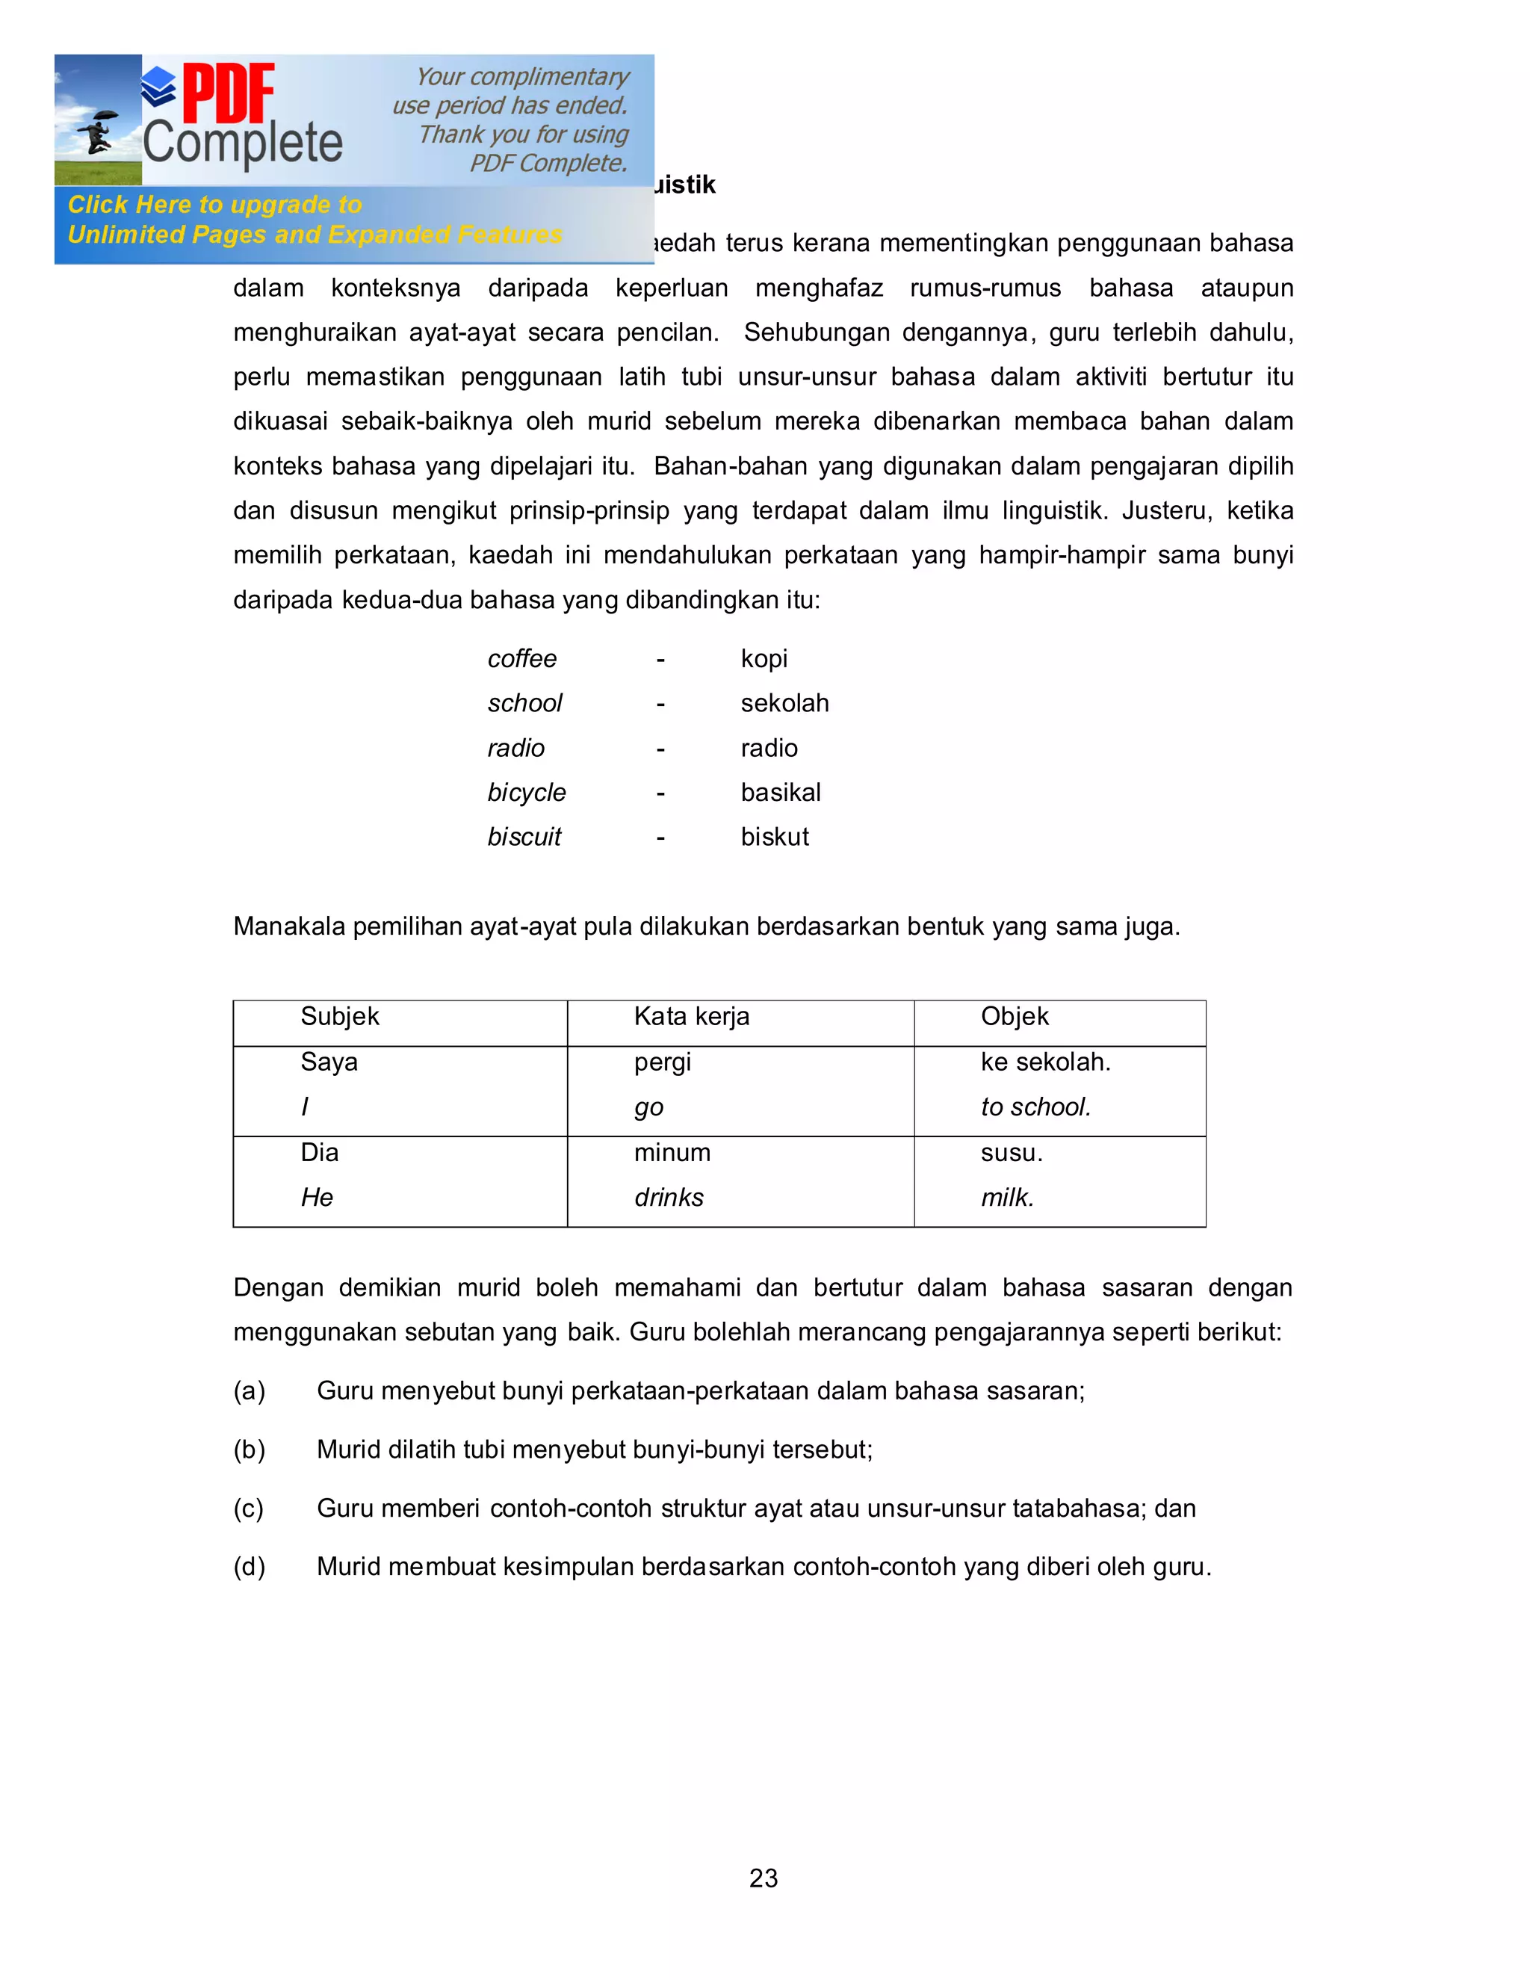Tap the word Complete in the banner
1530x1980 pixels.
pos(243,144)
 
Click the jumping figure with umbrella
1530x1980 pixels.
pos(98,132)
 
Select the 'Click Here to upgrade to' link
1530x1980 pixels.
pos(215,205)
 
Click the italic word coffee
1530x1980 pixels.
pos(522,659)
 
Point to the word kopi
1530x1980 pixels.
pos(764,659)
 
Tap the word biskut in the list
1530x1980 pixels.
pos(774,837)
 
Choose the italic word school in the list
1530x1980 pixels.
pos(524,704)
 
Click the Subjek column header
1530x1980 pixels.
pos(340,1016)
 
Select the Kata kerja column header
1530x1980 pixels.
pos(692,1016)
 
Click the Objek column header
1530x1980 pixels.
pos(1015,1016)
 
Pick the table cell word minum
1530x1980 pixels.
pos(672,1152)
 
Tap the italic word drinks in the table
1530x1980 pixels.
pos(669,1198)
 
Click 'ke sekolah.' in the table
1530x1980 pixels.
pos(1045,1062)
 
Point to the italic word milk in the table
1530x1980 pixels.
pos(1007,1198)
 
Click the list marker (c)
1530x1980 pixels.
pos(248,1509)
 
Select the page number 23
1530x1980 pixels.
pos(764,1878)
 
